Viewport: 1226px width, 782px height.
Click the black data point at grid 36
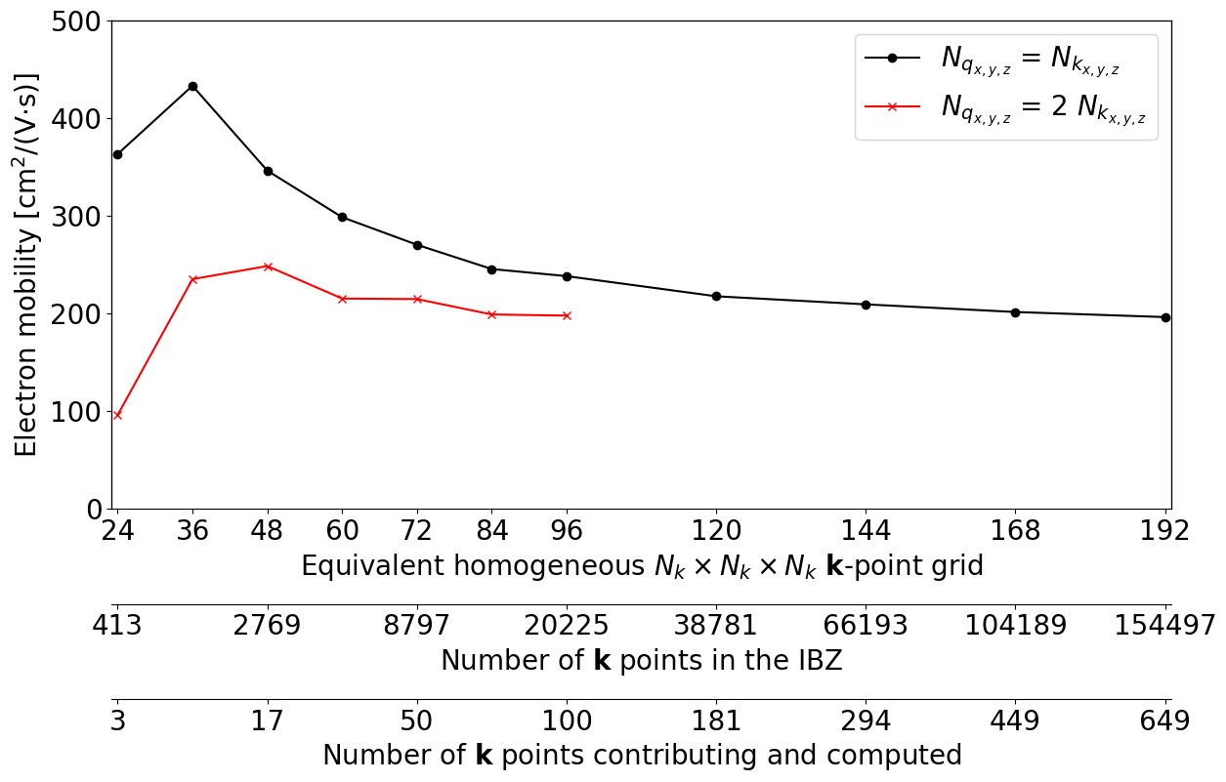point(192,86)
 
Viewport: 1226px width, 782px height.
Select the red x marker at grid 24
point(117,415)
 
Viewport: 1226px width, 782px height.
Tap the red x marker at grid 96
point(567,315)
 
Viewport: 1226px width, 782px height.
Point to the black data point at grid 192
point(1165,317)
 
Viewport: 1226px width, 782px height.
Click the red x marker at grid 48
point(268,266)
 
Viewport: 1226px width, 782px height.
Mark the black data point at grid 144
point(866,305)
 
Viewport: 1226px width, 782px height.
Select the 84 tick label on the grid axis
point(491,531)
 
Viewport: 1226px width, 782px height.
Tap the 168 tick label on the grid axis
point(1016,531)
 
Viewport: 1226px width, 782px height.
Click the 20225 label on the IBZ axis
point(567,626)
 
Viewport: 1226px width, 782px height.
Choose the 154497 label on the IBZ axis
point(1164,626)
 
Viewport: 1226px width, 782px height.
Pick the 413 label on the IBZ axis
point(117,626)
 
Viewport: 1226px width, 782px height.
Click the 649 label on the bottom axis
point(1164,721)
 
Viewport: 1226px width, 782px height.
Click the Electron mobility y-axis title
point(27,265)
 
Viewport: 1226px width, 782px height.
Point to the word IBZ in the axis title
point(811,661)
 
